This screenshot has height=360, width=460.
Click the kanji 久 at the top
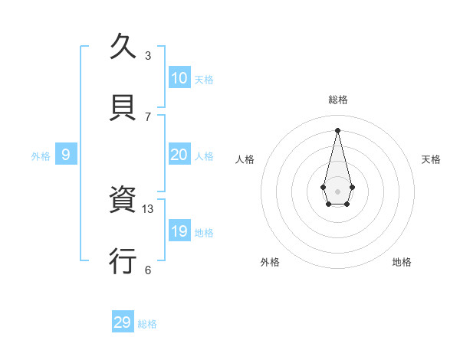(123, 47)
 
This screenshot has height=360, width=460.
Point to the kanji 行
(123, 261)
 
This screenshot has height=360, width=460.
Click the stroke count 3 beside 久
(148, 56)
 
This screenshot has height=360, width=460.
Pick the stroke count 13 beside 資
(148, 208)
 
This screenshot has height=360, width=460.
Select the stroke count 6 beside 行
(148, 270)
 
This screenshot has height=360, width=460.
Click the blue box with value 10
(179, 78)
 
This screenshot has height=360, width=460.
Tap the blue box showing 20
(179, 155)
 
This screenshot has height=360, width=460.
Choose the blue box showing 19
(179, 231)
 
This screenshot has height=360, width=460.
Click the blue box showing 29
(123, 322)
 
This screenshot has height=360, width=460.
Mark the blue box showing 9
(66, 155)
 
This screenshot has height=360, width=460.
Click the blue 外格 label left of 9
(41, 156)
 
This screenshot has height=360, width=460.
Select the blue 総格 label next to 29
(147, 324)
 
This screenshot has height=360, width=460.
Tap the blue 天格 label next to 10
(203, 80)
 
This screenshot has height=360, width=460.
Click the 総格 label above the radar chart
(338, 100)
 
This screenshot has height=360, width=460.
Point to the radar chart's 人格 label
(245, 159)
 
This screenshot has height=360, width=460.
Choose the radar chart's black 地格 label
(402, 262)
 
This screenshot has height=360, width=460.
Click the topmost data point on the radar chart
(338, 129)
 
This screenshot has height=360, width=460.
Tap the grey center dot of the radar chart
(338, 191)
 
